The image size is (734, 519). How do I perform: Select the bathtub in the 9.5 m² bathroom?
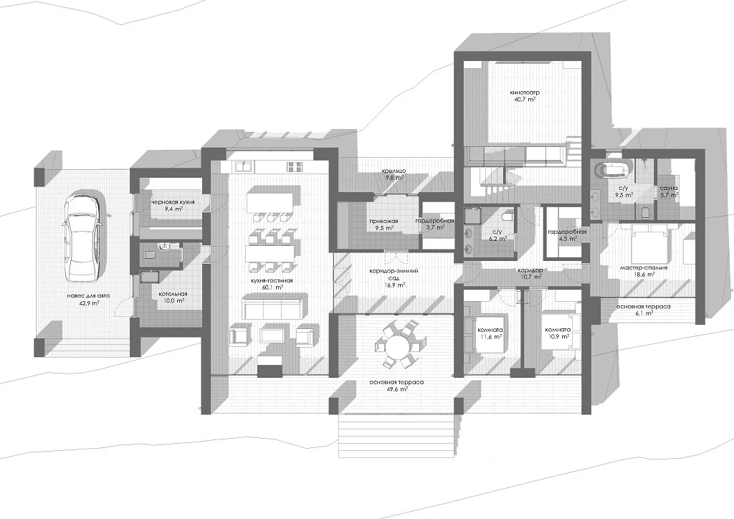(x=609, y=169)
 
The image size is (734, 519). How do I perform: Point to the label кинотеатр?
(x=524, y=92)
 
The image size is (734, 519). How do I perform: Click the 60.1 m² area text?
(x=273, y=287)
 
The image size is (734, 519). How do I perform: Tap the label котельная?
(x=173, y=294)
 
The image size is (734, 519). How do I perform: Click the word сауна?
(x=669, y=188)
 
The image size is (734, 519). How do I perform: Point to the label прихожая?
(x=383, y=221)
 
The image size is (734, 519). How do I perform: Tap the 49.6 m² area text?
(x=396, y=389)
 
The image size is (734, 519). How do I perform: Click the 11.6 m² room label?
(x=491, y=336)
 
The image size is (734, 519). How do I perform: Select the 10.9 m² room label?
(x=558, y=336)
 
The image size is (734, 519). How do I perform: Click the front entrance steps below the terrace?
(x=396, y=435)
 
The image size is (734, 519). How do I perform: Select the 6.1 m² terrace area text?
(x=644, y=313)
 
